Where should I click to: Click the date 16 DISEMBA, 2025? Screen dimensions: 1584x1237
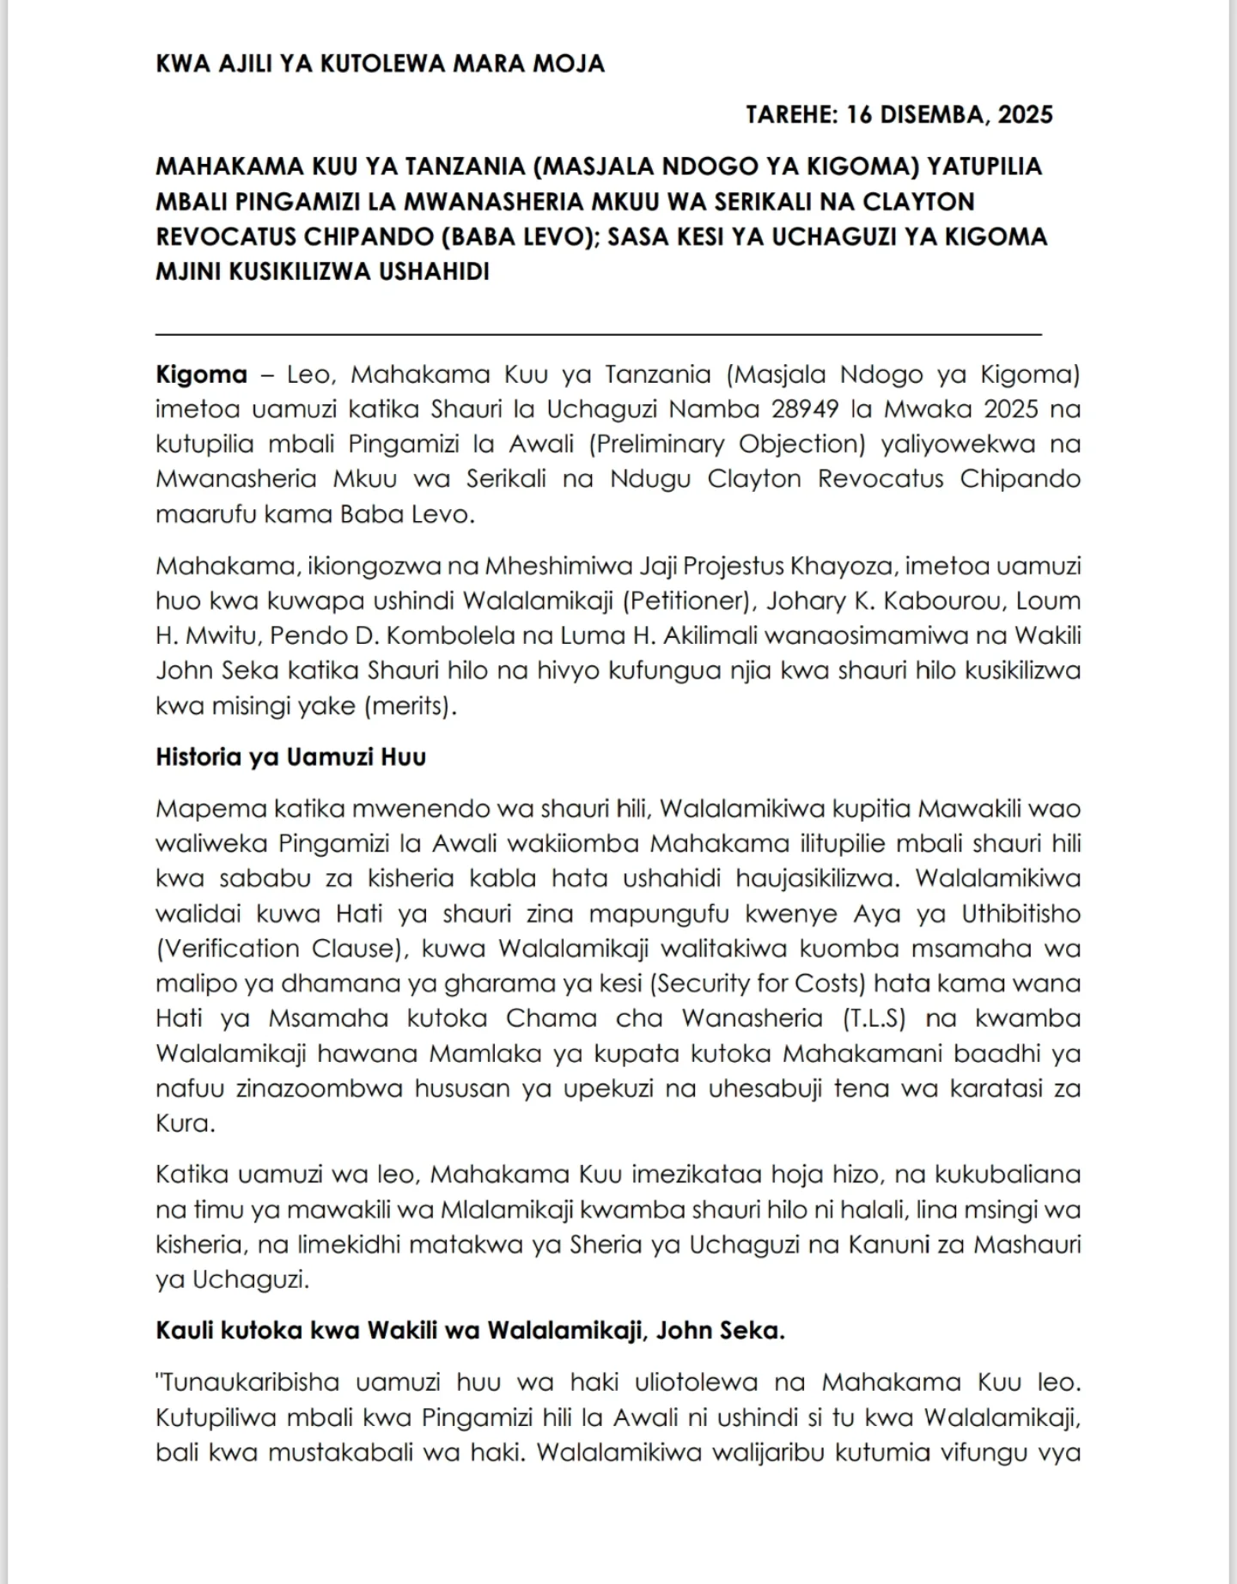click(949, 114)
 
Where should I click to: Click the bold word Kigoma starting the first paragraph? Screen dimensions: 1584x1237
click(201, 374)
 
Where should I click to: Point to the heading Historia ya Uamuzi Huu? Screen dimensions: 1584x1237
click(290, 757)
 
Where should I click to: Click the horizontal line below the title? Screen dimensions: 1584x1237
click(598, 333)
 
